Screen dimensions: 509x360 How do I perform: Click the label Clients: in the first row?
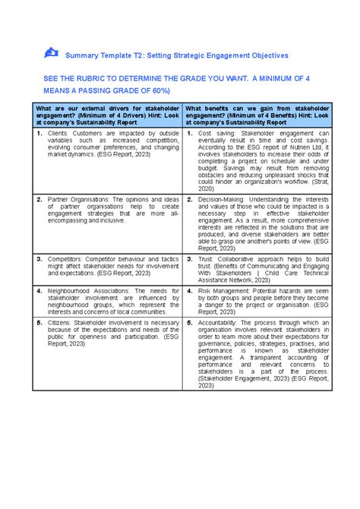click(x=62, y=133)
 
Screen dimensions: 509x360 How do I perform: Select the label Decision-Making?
click(x=223, y=199)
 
